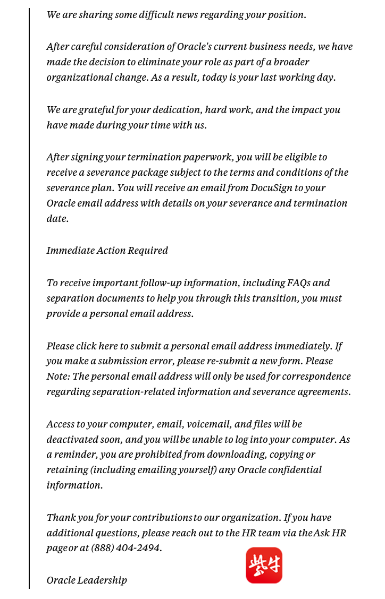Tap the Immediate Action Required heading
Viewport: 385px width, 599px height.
coord(107,250)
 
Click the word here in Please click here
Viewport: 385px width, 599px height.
coord(108,346)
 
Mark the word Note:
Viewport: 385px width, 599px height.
coord(58,376)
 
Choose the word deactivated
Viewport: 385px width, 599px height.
coord(72,439)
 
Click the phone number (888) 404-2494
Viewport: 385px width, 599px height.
coord(126,547)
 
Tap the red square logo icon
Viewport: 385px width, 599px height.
coord(264,566)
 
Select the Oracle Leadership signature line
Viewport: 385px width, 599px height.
coord(87,580)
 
